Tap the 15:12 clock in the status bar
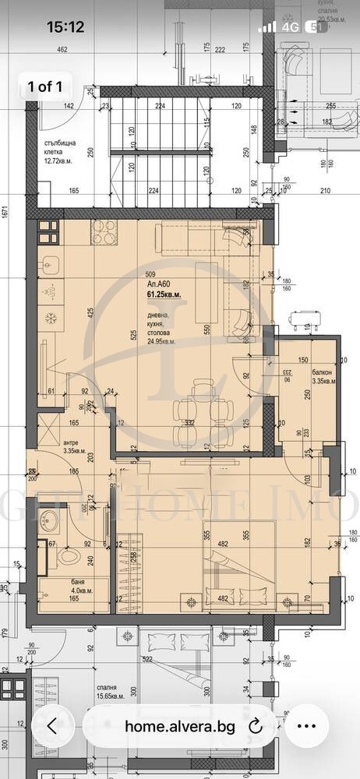(65, 26)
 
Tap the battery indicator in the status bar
(317, 26)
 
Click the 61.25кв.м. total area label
(164, 294)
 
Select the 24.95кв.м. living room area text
(161, 341)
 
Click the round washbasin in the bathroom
(53, 518)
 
